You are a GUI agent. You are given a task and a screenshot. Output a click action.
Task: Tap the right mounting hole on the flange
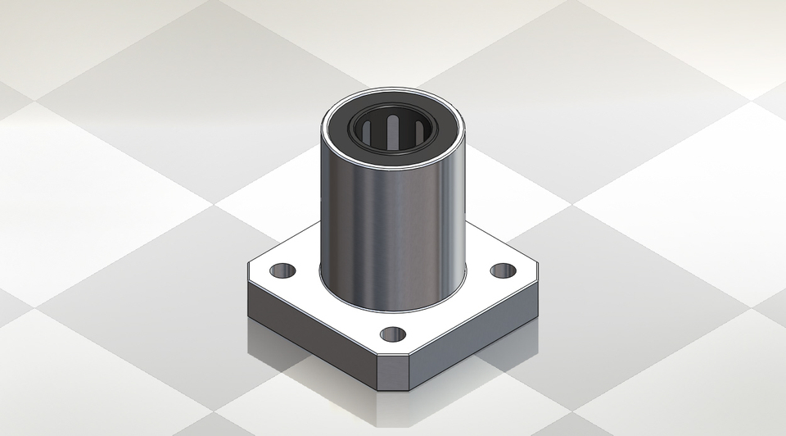(503, 270)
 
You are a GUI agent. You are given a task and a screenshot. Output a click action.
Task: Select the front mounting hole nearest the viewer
(393, 334)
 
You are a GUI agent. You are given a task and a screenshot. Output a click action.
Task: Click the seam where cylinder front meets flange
(393, 310)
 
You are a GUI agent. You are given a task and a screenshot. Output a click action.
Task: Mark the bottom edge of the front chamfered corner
(393, 390)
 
